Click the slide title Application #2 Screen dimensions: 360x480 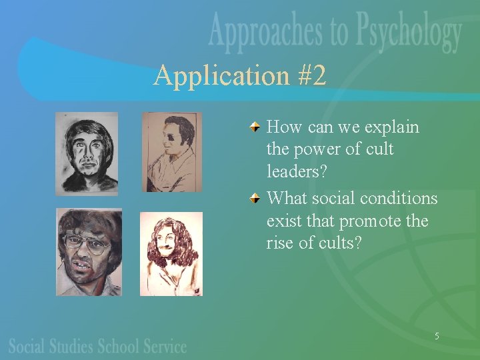pyautogui.click(x=240, y=76)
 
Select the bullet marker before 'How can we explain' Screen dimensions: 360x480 pyautogui.click(x=257, y=126)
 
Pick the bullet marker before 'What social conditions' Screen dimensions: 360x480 pyautogui.click(x=257, y=198)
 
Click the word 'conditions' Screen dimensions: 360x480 pyautogui.click(x=399, y=199)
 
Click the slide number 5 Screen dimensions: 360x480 pyautogui.click(x=437, y=336)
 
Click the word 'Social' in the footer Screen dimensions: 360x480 pyautogui.click(x=28, y=346)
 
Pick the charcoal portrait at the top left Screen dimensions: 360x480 pyautogui.click(x=87, y=153)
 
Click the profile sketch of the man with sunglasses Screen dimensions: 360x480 pyautogui.click(x=171, y=152)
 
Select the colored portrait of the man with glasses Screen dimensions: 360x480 pyautogui.click(x=89, y=252)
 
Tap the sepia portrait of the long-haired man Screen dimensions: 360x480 pyautogui.click(x=171, y=253)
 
